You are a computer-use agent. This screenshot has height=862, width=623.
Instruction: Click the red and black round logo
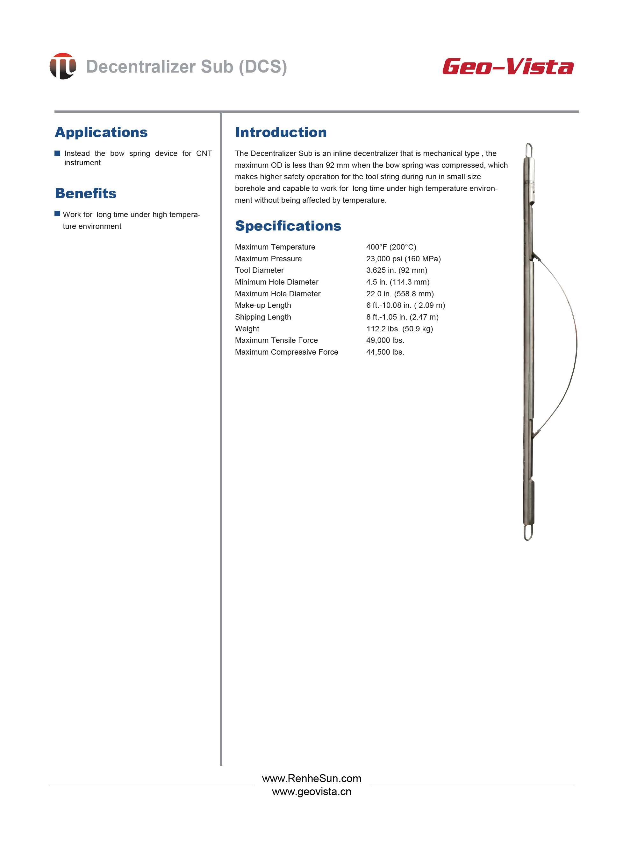coord(63,66)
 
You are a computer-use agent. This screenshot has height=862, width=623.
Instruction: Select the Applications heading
coord(101,132)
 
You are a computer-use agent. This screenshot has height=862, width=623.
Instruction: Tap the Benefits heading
coord(86,193)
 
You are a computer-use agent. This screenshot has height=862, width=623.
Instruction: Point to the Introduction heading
coord(281,132)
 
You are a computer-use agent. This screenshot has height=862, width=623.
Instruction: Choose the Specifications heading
coord(288,226)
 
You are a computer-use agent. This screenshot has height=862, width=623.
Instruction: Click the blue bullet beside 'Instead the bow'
coord(57,153)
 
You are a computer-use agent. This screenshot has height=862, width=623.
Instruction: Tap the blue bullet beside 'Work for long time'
coord(57,214)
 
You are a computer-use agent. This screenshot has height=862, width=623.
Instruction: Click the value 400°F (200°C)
coord(391,247)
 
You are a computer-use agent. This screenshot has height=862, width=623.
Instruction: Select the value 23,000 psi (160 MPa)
coord(403,259)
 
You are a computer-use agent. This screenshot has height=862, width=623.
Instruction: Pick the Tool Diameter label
coord(259,270)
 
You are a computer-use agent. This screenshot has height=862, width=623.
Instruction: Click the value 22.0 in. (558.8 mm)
coord(400,294)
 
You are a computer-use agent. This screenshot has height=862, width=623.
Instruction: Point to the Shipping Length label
coord(263,317)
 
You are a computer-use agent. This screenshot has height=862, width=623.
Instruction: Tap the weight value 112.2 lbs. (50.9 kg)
coord(399,329)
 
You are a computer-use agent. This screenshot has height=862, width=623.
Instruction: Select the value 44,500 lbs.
coord(385,352)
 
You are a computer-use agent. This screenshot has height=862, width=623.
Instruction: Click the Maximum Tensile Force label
coord(276,340)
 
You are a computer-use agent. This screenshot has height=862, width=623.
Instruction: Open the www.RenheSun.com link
coord(311,778)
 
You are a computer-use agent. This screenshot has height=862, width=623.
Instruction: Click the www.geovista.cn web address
coord(311,792)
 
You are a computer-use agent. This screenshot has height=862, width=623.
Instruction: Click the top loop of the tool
coord(529,151)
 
